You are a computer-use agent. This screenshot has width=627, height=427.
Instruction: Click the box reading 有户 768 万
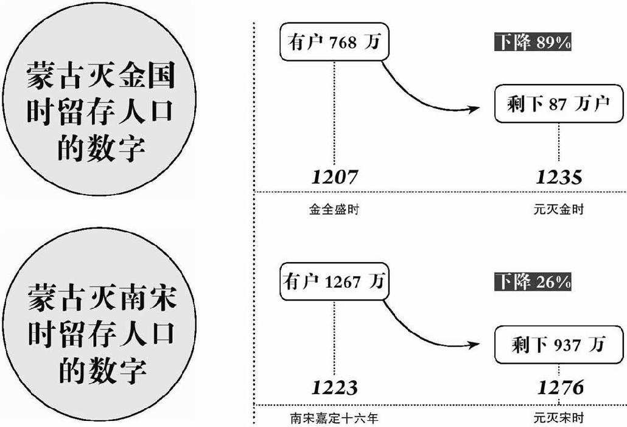pyautogui.click(x=334, y=43)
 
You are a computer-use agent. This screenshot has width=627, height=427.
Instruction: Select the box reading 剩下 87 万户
pyautogui.click(x=558, y=104)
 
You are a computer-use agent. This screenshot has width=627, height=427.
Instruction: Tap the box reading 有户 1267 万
pyautogui.click(x=334, y=282)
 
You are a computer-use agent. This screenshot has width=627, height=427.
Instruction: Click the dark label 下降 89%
pyautogui.click(x=532, y=42)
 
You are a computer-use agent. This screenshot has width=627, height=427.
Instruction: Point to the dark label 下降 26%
pyautogui.click(x=532, y=282)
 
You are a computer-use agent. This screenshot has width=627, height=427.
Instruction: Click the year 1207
pyautogui.click(x=334, y=177)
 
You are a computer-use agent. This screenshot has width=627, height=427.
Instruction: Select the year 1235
pyautogui.click(x=559, y=177)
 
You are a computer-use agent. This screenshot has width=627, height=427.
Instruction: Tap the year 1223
pyautogui.click(x=334, y=387)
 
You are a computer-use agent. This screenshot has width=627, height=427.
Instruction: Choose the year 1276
pyautogui.click(x=560, y=387)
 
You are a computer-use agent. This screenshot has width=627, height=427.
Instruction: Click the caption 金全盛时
pyautogui.click(x=334, y=210)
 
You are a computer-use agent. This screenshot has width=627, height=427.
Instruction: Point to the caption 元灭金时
pyautogui.click(x=558, y=210)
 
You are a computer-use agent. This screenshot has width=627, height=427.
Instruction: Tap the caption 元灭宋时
pyautogui.click(x=558, y=418)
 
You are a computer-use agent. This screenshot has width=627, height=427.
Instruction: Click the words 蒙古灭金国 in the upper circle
pyautogui.click(x=99, y=78)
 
